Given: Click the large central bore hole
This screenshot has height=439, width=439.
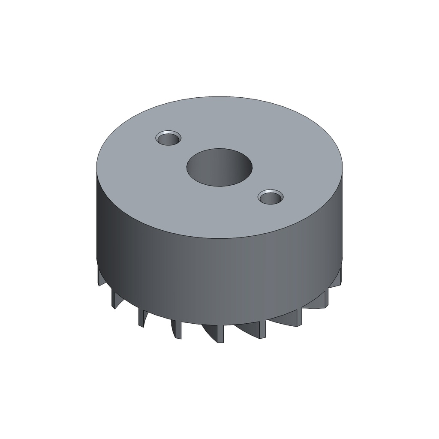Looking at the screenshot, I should click(x=219, y=168).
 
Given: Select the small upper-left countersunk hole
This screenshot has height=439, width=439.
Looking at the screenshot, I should click(x=168, y=138).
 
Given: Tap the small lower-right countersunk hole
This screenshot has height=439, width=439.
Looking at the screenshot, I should click(x=271, y=198).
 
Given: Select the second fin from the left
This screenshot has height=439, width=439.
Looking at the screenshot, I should click(x=114, y=298).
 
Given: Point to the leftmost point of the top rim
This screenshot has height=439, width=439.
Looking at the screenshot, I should click(x=96, y=168).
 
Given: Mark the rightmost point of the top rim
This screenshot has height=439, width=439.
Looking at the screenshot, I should click(x=343, y=168).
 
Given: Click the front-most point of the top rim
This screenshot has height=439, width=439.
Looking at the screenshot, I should click(x=219, y=240).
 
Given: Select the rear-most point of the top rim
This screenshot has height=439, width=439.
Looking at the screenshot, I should click(x=219, y=96).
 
